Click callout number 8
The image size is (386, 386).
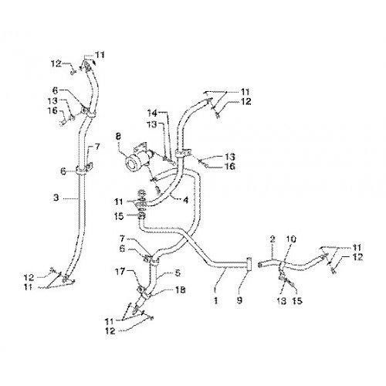118,137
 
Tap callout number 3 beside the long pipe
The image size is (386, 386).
56,198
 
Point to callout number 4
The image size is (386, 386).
186,200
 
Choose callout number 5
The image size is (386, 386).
178,273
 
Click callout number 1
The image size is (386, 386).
215,300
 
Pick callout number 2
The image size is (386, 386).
273,239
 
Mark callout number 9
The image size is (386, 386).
239,300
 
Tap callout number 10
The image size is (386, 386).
291,239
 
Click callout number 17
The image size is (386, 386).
120,271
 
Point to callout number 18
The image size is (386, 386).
181,290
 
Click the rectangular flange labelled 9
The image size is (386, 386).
249,264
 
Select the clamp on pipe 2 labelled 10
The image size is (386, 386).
281,266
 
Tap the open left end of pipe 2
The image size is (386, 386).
260,264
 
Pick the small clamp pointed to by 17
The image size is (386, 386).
141,290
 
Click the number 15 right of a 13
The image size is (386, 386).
297,300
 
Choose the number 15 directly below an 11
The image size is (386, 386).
120,216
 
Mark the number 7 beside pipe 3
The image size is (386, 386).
96,147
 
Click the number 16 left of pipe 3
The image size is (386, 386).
52,110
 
